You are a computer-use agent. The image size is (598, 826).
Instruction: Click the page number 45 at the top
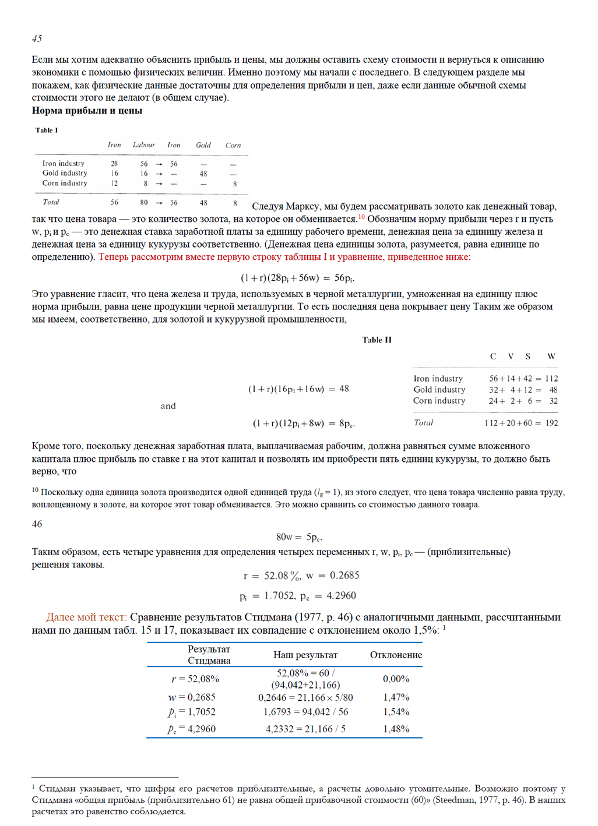click(37, 38)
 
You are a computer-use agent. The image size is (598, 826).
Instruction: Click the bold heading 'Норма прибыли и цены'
click(87, 111)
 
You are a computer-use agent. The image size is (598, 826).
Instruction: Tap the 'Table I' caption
click(47, 130)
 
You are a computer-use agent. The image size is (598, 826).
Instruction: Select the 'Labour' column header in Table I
click(143, 145)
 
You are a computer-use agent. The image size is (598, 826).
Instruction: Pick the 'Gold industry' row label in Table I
click(65, 173)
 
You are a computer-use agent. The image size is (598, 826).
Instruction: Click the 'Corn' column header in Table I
click(233, 145)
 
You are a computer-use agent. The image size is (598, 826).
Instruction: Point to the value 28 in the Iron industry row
click(114, 164)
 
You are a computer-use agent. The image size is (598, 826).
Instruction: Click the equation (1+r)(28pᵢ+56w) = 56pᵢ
click(298, 278)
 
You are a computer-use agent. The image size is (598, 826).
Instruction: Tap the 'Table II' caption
click(377, 340)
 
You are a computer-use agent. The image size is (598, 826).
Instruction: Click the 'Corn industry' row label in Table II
click(439, 401)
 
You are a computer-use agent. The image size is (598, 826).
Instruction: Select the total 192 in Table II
click(551, 423)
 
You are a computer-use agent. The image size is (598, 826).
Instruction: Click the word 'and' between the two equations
click(168, 406)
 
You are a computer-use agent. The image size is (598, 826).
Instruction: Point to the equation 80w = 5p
click(299, 537)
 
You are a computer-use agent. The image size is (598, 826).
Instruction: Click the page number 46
click(37, 524)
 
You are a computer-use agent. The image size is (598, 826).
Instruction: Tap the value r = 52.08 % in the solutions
click(272, 576)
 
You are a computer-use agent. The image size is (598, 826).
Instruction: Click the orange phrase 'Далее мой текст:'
click(86, 617)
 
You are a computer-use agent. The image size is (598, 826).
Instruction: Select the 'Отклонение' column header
click(396, 655)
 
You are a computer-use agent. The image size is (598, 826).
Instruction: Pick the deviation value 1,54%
click(396, 712)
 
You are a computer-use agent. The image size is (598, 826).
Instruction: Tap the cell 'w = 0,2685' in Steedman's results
click(192, 697)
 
